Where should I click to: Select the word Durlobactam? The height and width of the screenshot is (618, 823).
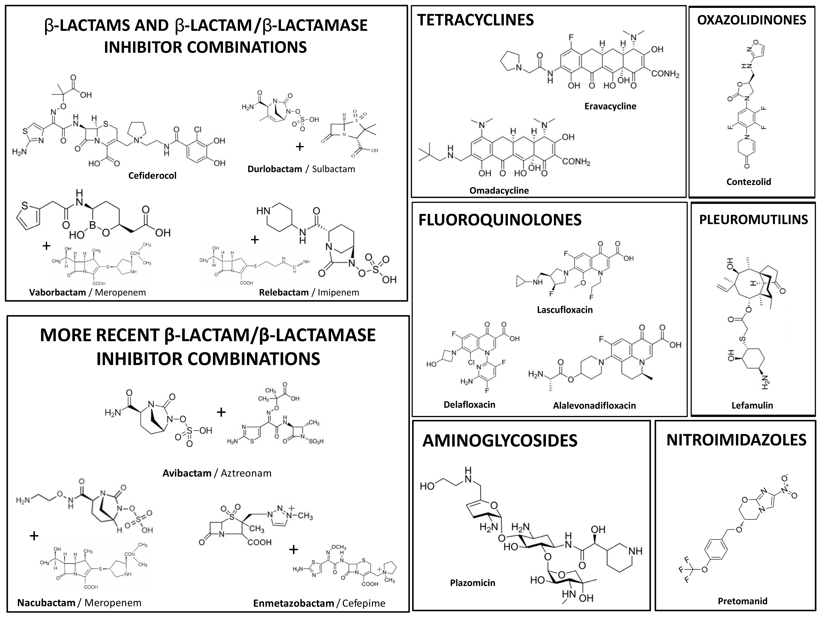275,169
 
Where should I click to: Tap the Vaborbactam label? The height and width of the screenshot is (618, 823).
57,292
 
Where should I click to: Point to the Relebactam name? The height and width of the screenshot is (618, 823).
283,292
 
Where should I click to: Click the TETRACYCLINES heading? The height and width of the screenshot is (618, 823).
475,20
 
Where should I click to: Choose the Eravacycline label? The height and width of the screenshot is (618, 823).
610,106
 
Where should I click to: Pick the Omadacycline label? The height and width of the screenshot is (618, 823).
499,191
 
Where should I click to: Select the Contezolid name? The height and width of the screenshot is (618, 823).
749,182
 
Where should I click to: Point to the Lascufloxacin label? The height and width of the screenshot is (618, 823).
564,310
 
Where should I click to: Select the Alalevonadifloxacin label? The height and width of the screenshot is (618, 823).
594,405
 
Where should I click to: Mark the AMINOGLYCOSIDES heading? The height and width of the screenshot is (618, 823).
500,440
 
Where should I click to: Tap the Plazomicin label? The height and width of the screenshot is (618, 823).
473,583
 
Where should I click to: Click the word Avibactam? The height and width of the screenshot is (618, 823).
187,473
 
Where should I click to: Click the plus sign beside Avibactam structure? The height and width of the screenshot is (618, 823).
221,412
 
